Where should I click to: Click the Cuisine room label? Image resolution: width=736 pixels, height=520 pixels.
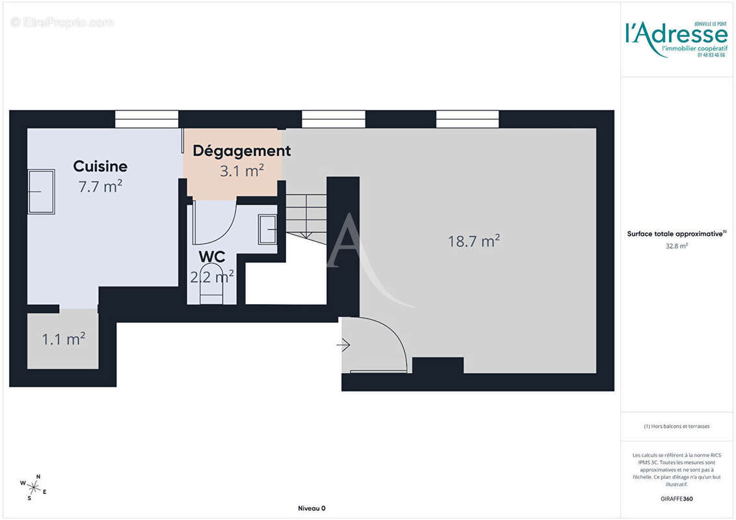pos(100,166)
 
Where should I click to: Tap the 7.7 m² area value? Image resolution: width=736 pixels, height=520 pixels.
pos(100,187)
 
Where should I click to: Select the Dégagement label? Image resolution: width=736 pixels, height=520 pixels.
pos(242,151)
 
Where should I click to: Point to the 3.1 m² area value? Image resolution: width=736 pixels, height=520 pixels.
pos(242,170)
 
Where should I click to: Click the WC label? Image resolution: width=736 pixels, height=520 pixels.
pos(212,257)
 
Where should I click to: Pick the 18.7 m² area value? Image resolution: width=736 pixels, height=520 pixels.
pos(473,241)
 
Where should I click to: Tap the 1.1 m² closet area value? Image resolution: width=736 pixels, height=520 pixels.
pos(64,339)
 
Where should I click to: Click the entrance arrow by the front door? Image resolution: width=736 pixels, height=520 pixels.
pos(344,345)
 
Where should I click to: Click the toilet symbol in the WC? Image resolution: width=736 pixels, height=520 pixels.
pos(212,286)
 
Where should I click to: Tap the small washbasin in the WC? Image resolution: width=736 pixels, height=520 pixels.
pos(267,229)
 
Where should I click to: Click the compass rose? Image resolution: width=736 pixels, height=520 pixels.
pos(33,486)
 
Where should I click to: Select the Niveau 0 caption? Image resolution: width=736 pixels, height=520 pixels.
pos(311,508)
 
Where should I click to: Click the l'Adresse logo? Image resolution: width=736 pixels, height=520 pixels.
pos(676,34)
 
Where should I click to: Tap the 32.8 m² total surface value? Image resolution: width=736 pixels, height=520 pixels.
pos(676,246)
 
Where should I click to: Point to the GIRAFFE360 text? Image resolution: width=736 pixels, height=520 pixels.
pos(676,499)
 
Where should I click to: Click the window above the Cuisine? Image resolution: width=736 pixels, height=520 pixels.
pos(146,119)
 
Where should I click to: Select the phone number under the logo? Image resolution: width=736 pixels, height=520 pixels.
pos(711,55)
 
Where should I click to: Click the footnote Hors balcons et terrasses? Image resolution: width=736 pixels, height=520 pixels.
pos(676,426)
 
